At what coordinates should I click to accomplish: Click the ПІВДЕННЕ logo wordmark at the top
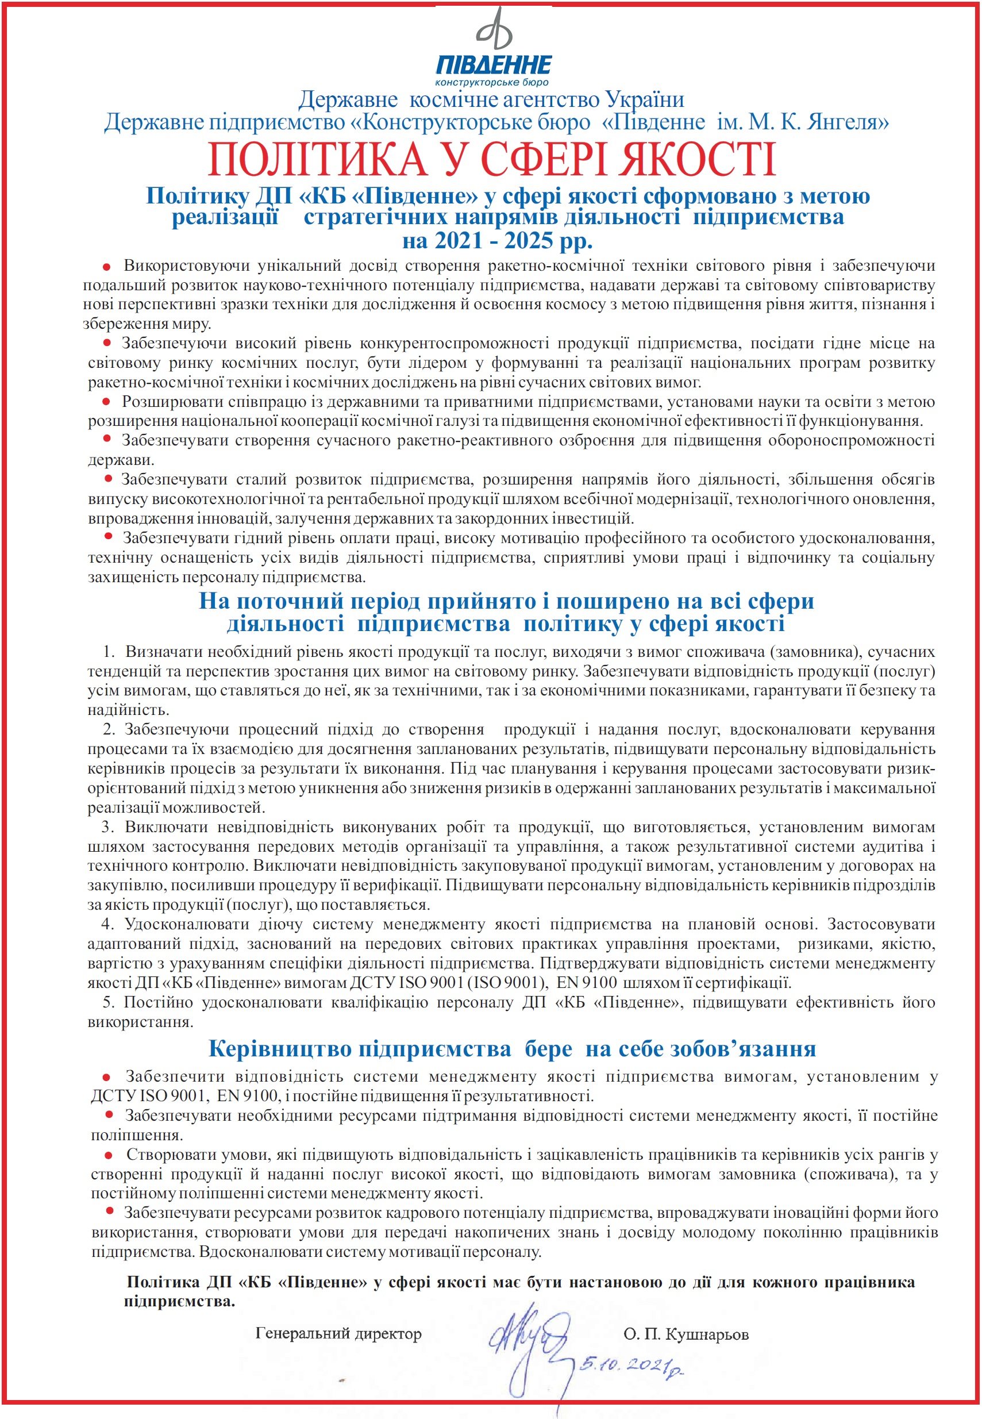click(494, 64)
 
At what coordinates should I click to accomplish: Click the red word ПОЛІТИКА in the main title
click(317, 160)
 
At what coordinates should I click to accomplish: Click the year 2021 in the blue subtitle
click(459, 241)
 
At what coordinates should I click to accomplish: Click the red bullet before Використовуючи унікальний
click(106, 267)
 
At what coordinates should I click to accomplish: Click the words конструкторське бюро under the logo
click(491, 82)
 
